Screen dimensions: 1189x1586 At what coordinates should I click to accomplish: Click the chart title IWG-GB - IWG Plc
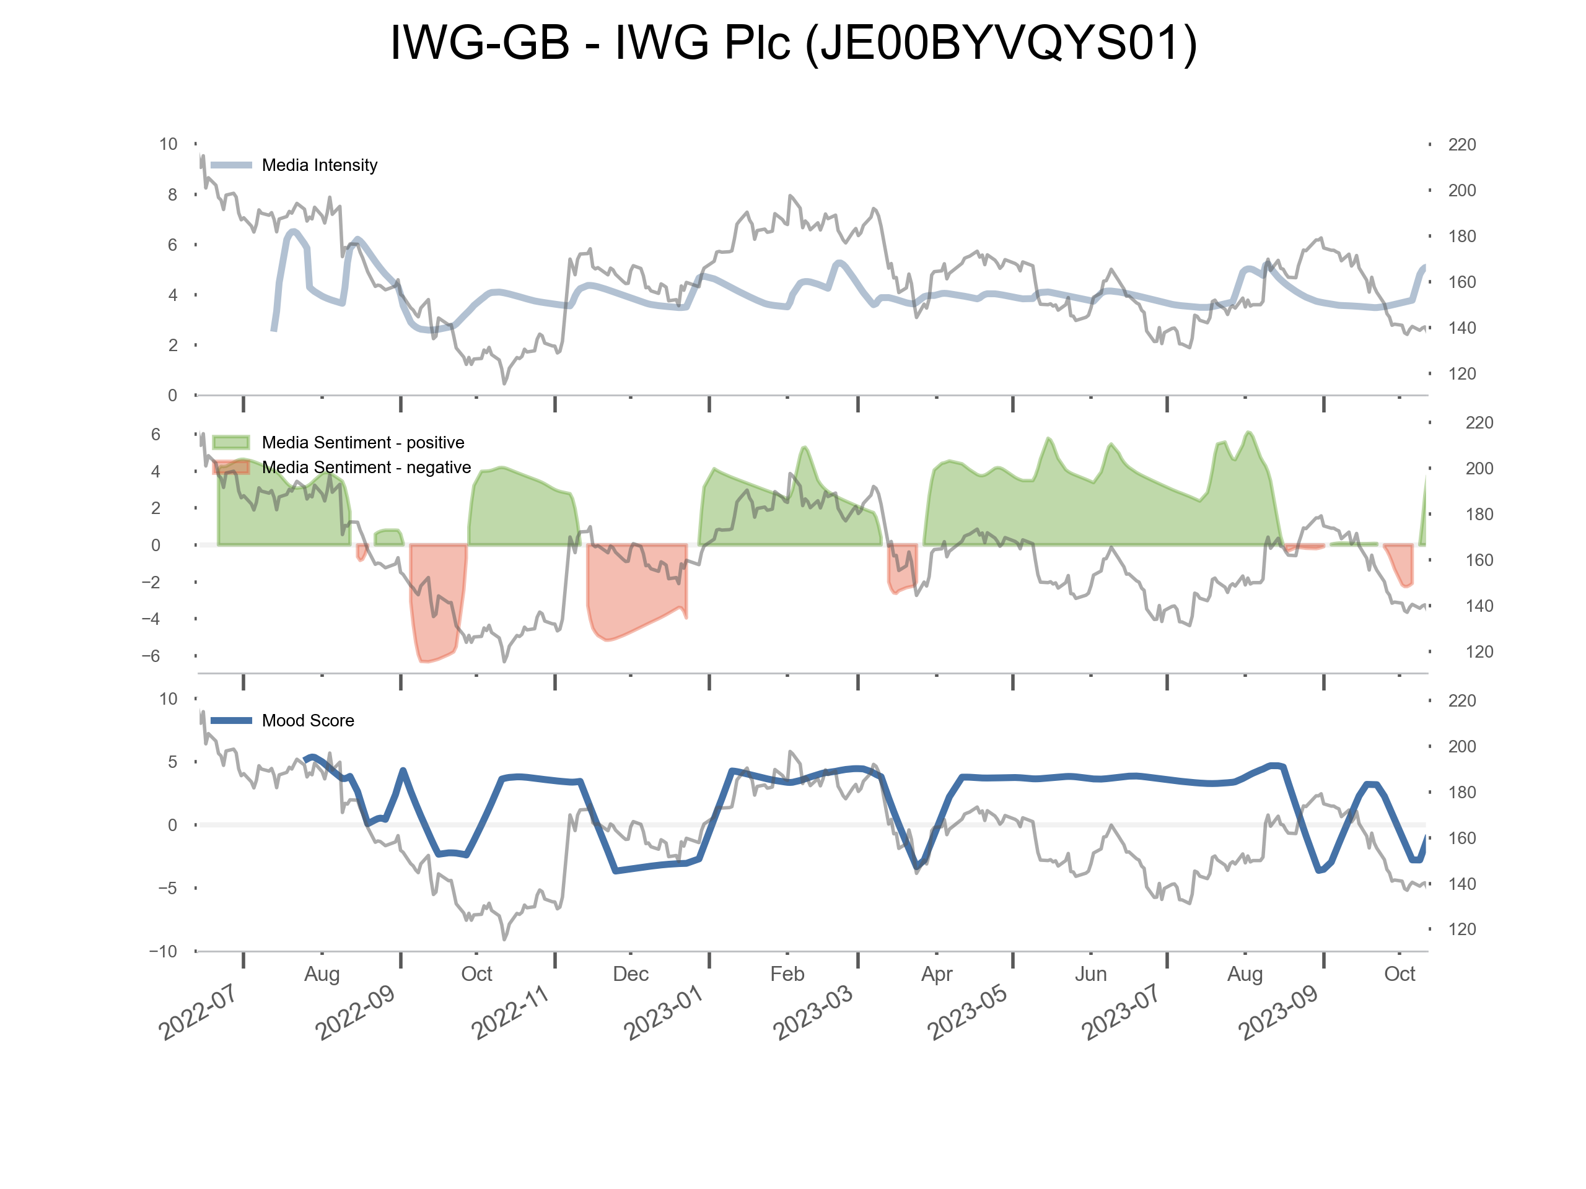point(793,43)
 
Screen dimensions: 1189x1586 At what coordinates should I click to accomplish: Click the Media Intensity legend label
point(319,165)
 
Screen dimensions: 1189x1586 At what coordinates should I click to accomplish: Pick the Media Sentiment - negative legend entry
point(366,468)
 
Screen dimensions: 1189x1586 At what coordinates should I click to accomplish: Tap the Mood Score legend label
point(307,720)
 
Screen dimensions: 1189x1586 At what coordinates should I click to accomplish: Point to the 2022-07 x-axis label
point(198,1012)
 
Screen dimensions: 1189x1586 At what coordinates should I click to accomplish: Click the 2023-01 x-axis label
point(664,1012)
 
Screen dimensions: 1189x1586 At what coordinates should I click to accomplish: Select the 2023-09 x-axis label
point(1279,1012)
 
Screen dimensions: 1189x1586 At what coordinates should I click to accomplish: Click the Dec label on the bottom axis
point(630,974)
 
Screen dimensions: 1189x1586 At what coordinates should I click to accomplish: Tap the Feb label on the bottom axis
point(787,974)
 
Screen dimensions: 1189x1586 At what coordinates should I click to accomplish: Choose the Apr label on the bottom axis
point(936,974)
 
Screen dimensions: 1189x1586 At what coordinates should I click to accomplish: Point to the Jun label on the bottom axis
point(1090,974)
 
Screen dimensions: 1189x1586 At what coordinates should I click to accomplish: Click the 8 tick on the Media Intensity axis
point(172,195)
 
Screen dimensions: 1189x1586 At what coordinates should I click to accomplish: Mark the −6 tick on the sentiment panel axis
point(151,656)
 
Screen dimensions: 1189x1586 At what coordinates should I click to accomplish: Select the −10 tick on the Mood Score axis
point(163,951)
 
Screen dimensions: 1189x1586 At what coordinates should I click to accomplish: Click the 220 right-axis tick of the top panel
point(1461,145)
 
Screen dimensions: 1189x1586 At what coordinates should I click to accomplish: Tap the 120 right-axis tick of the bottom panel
point(1461,930)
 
